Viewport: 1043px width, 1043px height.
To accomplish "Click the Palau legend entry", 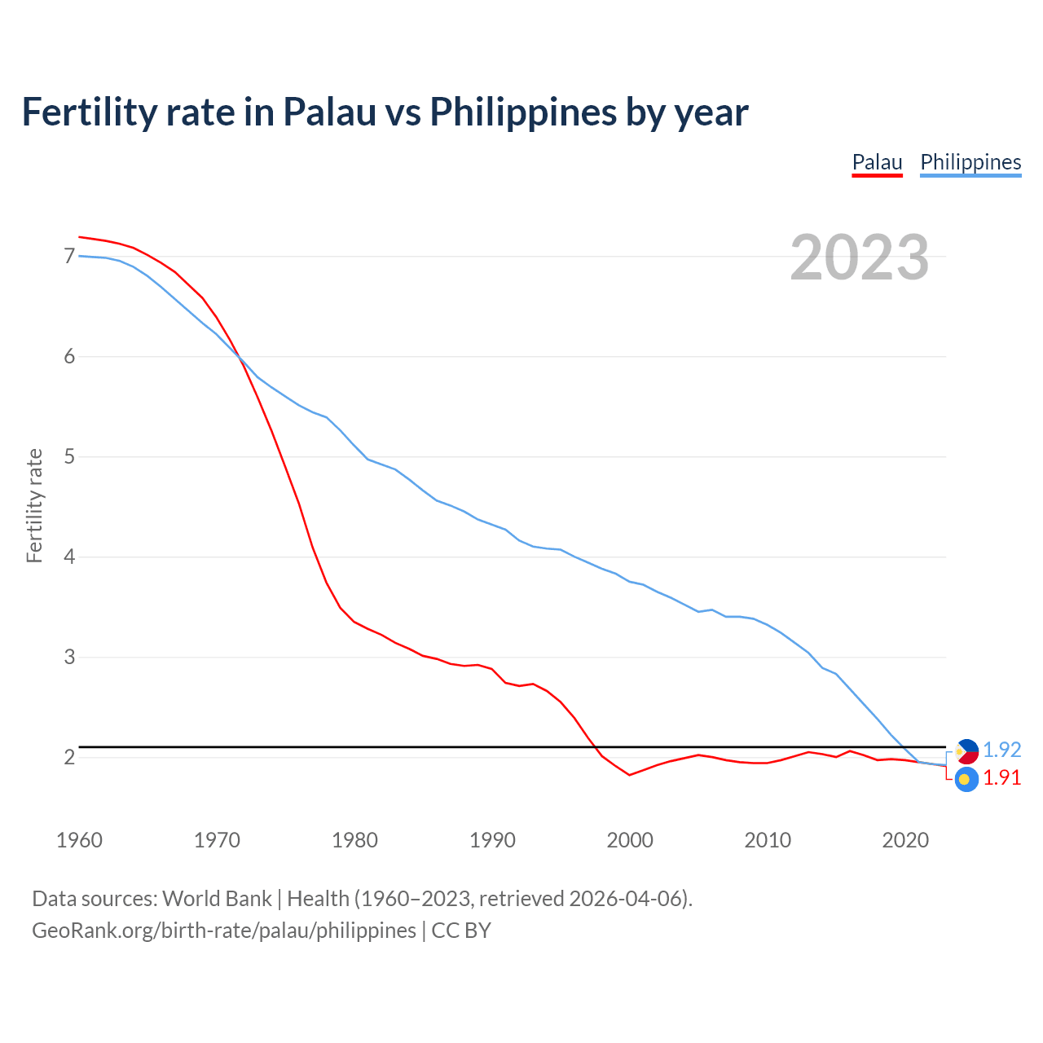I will coord(877,162).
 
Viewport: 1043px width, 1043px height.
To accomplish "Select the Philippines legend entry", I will coord(970,162).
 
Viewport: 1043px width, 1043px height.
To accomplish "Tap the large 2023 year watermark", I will coord(860,257).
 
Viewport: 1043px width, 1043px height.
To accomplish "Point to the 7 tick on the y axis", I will coord(69,257).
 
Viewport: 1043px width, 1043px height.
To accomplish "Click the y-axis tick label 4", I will coord(69,557).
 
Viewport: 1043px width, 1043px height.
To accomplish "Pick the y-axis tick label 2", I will coord(69,758).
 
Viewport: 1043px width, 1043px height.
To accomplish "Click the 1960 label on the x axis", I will coord(79,840).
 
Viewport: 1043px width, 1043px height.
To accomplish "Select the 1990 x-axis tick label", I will coord(492,840).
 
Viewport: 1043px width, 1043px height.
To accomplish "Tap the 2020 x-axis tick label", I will coord(905,840).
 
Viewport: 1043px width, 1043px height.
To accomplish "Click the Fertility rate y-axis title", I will coord(34,505).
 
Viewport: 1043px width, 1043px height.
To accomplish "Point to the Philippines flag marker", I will coord(966,750).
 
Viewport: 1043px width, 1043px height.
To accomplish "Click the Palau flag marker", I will coord(966,780).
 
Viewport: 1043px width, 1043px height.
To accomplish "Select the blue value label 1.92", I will coord(1001,750).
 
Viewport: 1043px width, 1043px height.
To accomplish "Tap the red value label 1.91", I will coord(1001,778).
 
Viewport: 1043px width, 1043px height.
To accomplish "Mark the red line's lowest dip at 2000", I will coord(630,775).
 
